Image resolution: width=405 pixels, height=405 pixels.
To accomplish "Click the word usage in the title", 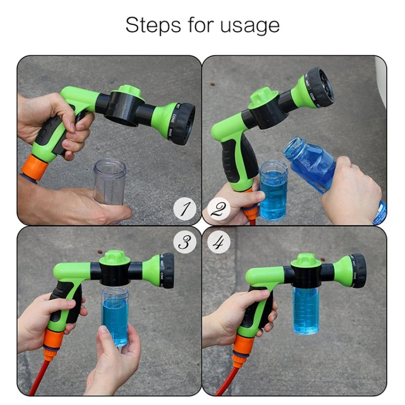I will (252, 25).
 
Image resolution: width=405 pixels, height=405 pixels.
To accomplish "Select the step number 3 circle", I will (185, 242).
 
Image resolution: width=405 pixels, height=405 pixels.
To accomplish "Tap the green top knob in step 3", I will (114, 257).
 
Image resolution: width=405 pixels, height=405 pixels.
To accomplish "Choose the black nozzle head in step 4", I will (357, 271).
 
